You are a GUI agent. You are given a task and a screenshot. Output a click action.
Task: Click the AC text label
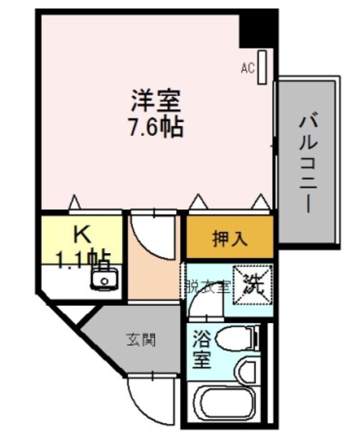click(x=247, y=68)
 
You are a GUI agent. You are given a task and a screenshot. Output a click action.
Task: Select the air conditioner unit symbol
click(x=262, y=67)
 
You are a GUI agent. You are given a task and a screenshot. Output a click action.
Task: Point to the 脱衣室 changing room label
click(x=208, y=286)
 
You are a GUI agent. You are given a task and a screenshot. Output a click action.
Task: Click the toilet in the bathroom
click(x=237, y=338)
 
